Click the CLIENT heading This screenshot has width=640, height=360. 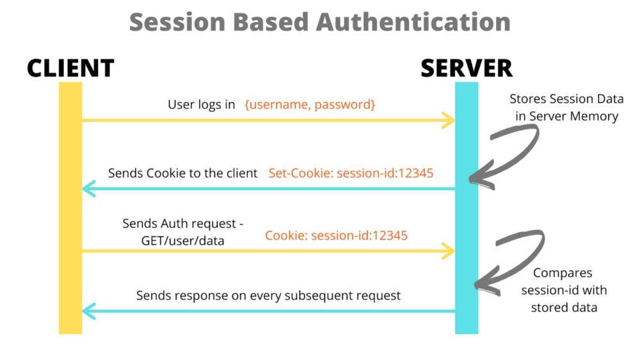70,68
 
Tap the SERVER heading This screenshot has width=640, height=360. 466,68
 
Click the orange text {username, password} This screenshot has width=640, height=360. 310,104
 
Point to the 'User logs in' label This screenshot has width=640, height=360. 202,104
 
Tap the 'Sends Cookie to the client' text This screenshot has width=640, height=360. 182,173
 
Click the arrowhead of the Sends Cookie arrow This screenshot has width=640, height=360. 88,188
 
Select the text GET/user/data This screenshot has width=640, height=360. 183,239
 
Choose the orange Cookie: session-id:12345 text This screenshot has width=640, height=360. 337,235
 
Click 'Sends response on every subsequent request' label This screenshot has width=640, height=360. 268,295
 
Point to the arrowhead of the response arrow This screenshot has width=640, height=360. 88,311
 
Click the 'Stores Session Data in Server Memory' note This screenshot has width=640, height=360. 566,108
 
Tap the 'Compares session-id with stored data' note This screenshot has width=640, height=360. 563,290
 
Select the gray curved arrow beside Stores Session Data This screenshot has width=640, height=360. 506,151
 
